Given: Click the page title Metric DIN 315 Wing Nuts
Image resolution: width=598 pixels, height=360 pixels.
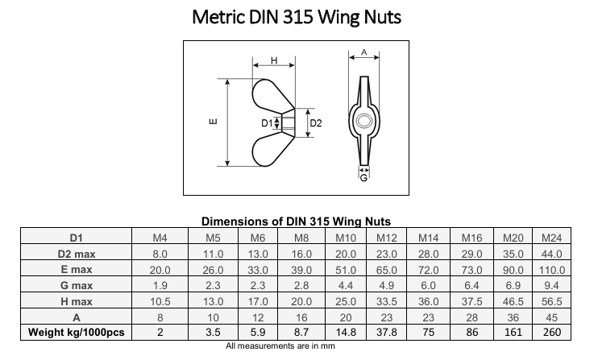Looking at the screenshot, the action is click(x=297, y=17).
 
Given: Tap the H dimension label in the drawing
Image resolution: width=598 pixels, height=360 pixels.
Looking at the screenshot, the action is click(x=274, y=60).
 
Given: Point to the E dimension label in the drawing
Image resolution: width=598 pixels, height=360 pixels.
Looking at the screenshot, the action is click(x=214, y=122).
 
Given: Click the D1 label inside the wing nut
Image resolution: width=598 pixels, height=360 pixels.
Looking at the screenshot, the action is click(x=267, y=123).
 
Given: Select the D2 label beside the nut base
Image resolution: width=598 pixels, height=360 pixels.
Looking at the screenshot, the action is click(x=316, y=123).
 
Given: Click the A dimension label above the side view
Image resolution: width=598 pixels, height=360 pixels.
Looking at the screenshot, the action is click(x=363, y=52).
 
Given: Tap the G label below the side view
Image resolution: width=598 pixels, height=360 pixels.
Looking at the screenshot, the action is click(x=363, y=178).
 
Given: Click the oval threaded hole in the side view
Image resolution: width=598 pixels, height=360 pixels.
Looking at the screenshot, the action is click(x=363, y=121).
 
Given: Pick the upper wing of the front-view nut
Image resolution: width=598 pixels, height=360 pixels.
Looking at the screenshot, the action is click(x=269, y=95).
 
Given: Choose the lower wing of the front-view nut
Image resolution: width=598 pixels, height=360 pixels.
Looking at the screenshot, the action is click(x=269, y=150).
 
